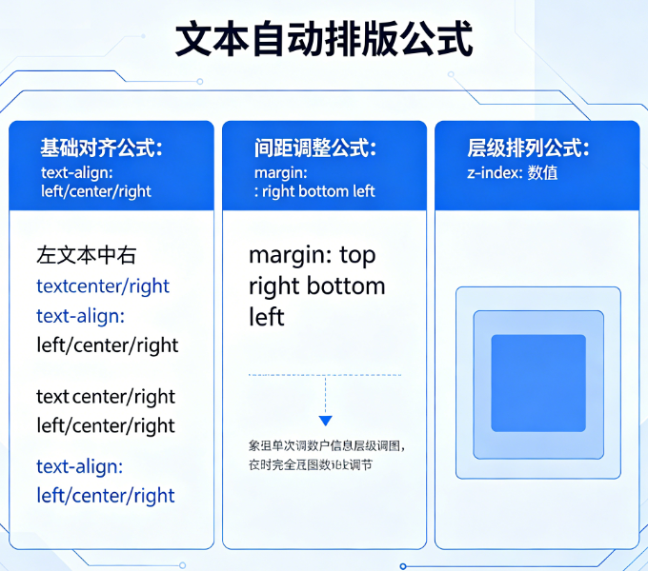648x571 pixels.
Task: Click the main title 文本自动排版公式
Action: pyautogui.click(x=324, y=41)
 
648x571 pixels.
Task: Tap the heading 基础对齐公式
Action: pyautogui.click(x=101, y=148)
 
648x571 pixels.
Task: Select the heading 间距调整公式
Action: pyautogui.click(x=314, y=148)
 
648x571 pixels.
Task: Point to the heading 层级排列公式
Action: pyautogui.click(x=528, y=148)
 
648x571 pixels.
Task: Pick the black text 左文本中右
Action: pyautogui.click(x=86, y=256)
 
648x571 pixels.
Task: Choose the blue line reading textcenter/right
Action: pyautogui.click(x=103, y=285)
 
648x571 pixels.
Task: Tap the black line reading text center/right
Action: pyautogui.click(x=106, y=396)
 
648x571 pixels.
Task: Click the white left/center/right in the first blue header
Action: pyautogui.click(x=95, y=190)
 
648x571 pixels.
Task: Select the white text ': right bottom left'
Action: pyautogui.click(x=314, y=190)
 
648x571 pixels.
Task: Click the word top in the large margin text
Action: pyautogui.click(x=357, y=256)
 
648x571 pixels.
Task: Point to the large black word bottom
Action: pyautogui.click(x=346, y=285)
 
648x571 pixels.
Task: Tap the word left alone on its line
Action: pyautogui.click(x=267, y=316)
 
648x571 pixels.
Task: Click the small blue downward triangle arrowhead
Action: pyautogui.click(x=325, y=420)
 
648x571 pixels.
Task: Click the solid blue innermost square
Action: pyautogui.click(x=537, y=382)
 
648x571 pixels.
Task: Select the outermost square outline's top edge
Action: pyautogui.click(x=537, y=287)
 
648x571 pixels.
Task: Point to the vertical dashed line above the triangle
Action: pyautogui.click(x=325, y=395)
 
